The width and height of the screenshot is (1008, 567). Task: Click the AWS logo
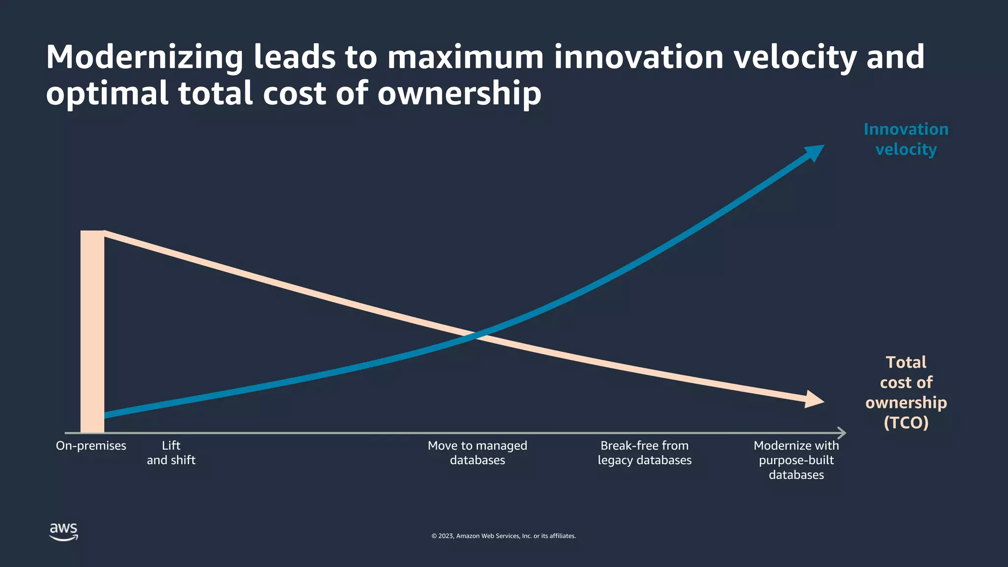(63, 532)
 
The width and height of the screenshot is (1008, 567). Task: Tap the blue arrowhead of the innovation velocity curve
(815, 152)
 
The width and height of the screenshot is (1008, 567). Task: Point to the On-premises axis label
(91, 446)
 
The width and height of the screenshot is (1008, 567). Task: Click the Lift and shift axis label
(171, 453)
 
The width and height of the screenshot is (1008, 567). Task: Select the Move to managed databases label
(477, 453)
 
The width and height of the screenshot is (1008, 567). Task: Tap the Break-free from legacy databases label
(644, 453)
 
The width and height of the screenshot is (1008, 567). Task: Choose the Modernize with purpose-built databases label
(796, 460)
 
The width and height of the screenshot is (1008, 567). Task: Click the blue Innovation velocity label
(906, 139)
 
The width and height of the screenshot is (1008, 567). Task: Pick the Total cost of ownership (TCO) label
(906, 392)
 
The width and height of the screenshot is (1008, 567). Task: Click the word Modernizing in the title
(145, 58)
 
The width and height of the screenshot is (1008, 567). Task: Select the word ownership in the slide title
(459, 94)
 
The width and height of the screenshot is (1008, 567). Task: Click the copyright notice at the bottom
(504, 536)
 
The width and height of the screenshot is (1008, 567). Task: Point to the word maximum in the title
(465, 58)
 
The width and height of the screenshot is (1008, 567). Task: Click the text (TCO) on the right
(906, 423)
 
